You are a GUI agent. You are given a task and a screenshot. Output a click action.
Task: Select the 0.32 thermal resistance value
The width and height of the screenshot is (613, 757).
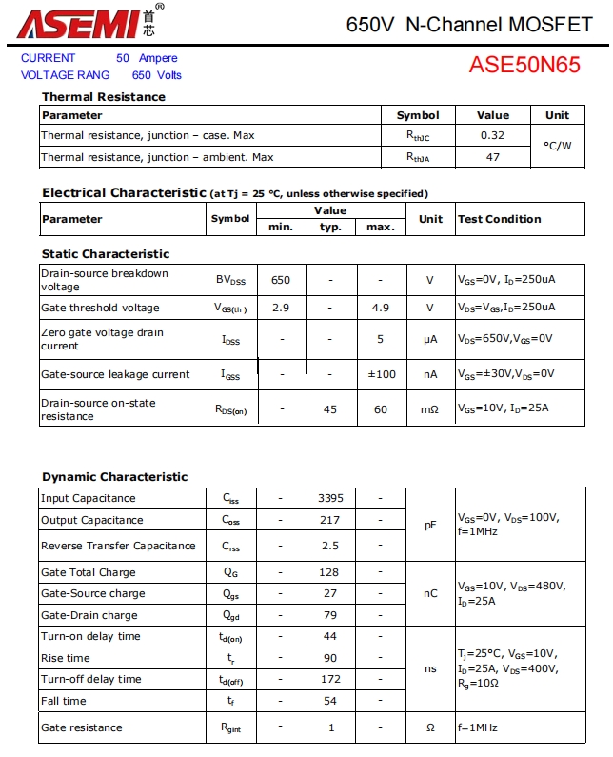(492, 135)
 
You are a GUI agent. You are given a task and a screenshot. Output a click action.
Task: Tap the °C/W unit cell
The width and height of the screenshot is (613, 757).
(557, 146)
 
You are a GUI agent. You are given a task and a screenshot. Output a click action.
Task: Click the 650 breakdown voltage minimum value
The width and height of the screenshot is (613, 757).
(281, 281)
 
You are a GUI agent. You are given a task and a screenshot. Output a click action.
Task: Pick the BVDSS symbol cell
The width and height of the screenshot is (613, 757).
(230, 281)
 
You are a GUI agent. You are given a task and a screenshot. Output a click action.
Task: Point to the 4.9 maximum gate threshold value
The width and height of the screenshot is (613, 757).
(381, 308)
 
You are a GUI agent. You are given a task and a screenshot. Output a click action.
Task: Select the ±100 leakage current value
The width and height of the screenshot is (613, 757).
(381, 374)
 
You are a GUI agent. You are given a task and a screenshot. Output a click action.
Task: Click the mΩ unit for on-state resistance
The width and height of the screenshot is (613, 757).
(430, 409)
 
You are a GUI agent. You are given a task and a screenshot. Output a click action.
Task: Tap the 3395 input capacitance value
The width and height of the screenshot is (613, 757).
(330, 498)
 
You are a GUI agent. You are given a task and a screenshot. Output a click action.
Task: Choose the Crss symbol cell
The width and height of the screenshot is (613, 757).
(230, 547)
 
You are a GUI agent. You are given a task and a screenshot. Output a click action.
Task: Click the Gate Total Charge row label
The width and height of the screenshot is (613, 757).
(89, 572)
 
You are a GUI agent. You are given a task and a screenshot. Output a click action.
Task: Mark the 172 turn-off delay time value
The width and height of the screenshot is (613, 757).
(330, 679)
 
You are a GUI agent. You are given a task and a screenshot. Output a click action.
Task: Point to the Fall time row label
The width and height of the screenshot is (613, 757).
(64, 701)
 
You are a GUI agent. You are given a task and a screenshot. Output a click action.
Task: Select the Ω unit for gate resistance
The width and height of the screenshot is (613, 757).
(430, 727)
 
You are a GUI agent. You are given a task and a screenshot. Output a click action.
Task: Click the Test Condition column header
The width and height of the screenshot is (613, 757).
(500, 219)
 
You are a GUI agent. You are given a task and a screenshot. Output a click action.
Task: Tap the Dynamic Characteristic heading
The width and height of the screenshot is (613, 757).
(115, 477)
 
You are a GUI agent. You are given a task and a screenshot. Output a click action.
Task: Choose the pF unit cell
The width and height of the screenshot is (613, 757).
(430, 525)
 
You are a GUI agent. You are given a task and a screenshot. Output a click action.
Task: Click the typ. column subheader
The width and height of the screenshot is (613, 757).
(330, 227)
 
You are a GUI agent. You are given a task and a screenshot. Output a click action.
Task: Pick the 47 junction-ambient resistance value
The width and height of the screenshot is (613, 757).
(492, 157)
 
